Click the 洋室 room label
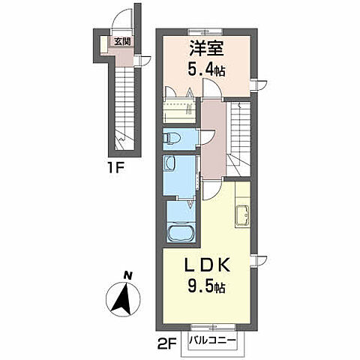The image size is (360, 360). (206, 48)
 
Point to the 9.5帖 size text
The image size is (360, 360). (206, 286)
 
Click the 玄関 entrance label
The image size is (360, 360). (122, 41)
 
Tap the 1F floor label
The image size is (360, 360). (116, 169)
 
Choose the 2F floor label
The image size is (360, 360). (167, 343)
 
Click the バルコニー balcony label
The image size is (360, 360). (212, 340)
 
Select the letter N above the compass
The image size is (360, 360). (127, 276)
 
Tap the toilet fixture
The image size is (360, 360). (172, 138)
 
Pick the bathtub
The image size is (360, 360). (181, 234)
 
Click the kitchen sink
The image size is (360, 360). (242, 215)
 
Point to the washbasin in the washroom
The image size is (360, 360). (169, 163)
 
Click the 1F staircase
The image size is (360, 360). (124, 108)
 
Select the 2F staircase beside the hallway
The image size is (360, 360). (240, 138)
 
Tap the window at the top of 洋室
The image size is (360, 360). (205, 32)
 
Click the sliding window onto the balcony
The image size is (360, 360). (213, 327)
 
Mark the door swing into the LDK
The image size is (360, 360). (212, 190)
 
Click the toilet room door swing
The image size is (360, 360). (206, 138)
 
